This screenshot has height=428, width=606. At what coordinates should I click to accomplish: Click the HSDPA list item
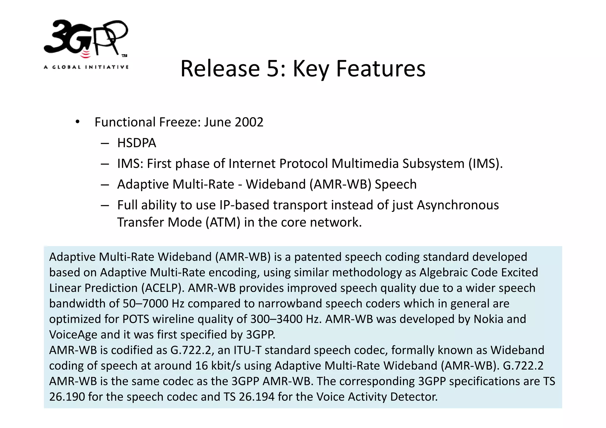(136, 143)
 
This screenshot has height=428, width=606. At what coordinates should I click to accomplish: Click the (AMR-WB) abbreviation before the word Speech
(340, 184)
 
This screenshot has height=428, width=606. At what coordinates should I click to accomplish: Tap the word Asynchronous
(458, 205)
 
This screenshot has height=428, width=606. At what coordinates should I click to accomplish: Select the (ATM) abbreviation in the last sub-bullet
(223, 222)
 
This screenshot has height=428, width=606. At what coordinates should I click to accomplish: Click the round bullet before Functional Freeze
(78, 122)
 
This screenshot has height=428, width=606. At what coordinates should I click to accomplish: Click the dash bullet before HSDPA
(105, 143)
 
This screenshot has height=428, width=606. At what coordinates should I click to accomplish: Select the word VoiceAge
(73, 335)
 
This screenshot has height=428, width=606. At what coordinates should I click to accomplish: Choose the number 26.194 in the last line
(257, 397)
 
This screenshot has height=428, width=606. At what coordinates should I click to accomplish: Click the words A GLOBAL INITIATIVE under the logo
(86, 67)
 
